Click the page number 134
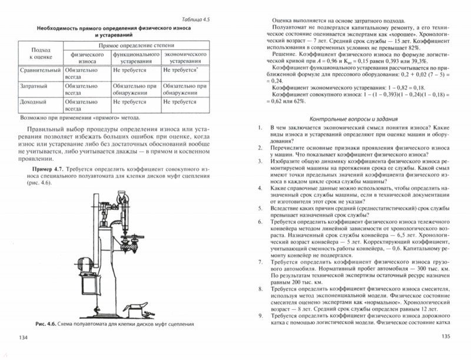[x=23, y=336]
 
